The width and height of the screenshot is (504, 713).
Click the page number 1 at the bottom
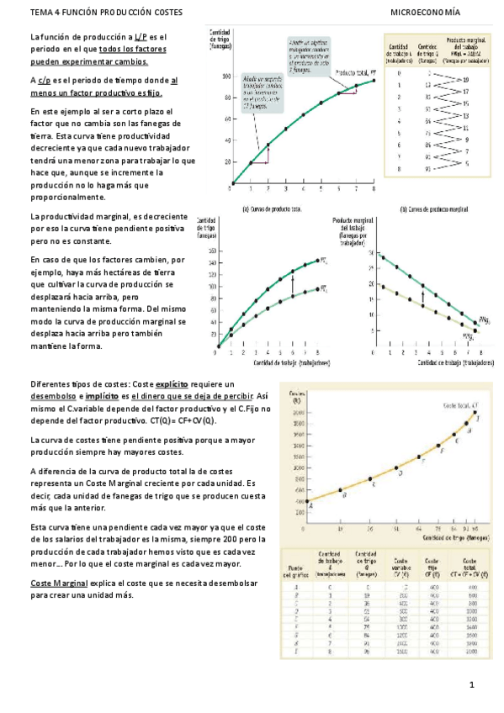point(474,686)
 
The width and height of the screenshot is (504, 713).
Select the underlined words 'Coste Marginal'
point(58,583)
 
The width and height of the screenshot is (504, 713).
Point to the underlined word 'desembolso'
point(53,395)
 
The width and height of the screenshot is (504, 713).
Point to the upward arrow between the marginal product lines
point(422,292)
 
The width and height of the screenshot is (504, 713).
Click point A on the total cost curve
point(307,502)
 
